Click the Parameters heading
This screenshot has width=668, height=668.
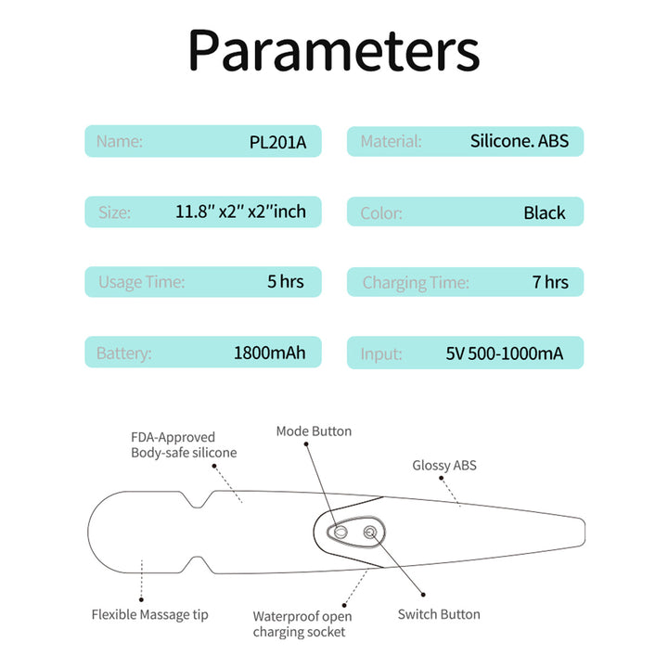334,51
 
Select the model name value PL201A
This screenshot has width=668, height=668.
277,142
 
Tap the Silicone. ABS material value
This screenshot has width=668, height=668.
520,141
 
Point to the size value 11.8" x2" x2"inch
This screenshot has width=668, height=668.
240,212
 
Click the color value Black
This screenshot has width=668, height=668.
545,213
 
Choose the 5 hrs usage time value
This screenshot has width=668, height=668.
286,282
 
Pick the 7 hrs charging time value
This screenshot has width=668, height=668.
550,282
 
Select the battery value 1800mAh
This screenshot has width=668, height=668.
270,353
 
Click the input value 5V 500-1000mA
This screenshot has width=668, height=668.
505,353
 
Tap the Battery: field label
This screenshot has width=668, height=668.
124,353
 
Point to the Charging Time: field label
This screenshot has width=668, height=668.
416,283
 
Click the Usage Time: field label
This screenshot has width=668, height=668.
141,282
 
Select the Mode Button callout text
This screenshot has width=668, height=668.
314,431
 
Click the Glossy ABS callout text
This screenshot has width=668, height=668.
444,465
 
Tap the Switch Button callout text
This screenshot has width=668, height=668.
439,614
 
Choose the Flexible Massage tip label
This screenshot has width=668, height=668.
150,615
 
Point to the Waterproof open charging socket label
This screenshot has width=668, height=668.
302,624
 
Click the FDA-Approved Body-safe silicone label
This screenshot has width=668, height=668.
184,445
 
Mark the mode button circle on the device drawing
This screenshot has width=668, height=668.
340,532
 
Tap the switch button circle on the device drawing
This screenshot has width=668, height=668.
370,533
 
